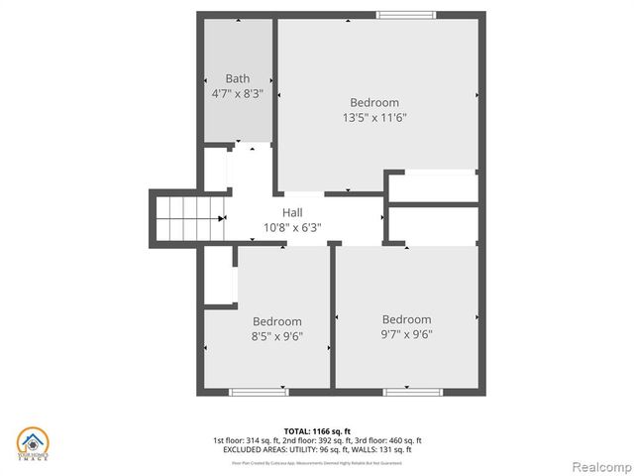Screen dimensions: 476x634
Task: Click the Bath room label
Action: pos(237,78)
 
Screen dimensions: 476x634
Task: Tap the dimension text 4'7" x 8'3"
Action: pos(237,93)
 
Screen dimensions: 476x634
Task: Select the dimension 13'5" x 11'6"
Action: pos(374,117)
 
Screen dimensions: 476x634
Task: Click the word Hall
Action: pos(292,212)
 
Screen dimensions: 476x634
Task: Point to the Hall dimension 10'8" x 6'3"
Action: pos(292,227)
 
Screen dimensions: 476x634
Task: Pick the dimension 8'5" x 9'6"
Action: pos(277,336)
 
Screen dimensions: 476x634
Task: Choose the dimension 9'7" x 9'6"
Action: pos(407,334)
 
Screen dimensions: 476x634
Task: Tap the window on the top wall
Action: pos(406,15)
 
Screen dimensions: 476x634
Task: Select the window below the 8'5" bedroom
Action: pos(259,392)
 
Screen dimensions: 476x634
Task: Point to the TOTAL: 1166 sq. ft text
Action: pos(317,430)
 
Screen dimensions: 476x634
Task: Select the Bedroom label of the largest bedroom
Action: pos(374,102)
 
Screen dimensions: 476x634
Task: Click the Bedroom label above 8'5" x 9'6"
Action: pos(277,321)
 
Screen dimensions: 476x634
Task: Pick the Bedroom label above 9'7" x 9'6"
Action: pos(407,319)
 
